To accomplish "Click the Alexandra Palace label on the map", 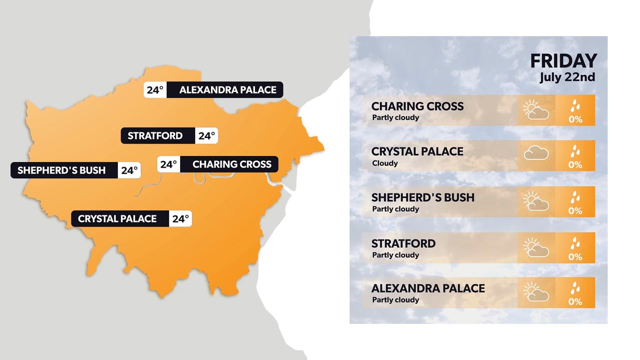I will [x=227, y=90].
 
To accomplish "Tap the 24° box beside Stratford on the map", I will [x=206, y=135].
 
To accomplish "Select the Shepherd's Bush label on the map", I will [x=61, y=170].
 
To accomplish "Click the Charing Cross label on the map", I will [x=231, y=164].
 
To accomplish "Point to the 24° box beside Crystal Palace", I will [x=180, y=218].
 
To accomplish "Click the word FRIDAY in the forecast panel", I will [x=563, y=61].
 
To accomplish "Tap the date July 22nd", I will [x=567, y=77].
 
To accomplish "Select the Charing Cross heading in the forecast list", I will [x=417, y=106].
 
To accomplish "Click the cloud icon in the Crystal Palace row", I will [x=536, y=153].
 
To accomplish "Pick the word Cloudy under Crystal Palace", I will [x=385, y=163].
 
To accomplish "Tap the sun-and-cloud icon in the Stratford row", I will [x=536, y=247].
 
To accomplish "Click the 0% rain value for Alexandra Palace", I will [x=575, y=301].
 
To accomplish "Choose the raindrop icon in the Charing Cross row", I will [x=575, y=105].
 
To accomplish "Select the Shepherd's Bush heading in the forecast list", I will [x=422, y=197].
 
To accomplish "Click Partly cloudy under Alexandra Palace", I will [x=395, y=300].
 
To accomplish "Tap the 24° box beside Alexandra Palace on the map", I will [x=155, y=90].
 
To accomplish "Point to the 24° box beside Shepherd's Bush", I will [x=129, y=170].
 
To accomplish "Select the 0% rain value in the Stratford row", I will [x=575, y=256].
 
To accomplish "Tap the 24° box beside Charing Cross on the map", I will [x=168, y=164].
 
